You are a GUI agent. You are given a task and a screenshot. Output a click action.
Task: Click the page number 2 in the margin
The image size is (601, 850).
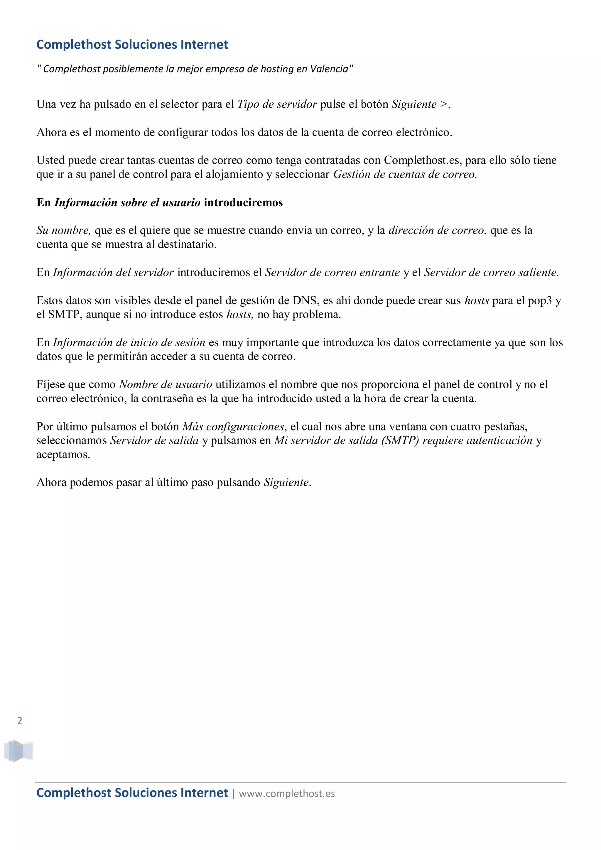[x=20, y=720]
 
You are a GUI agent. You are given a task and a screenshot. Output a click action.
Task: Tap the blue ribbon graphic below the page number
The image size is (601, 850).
[x=18, y=751]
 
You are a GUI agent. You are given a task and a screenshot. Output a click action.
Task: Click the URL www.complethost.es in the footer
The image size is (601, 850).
[x=287, y=793]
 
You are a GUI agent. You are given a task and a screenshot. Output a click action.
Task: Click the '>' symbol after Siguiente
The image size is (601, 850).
[x=443, y=104]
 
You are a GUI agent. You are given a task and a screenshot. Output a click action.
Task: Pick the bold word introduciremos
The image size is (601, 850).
[x=243, y=202]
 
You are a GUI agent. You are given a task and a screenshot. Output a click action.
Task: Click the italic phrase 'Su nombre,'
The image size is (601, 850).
[x=63, y=230]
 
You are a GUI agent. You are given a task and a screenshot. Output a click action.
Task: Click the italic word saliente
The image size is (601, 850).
[x=538, y=273]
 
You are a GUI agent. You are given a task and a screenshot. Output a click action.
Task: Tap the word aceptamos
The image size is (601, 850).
[x=63, y=454]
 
